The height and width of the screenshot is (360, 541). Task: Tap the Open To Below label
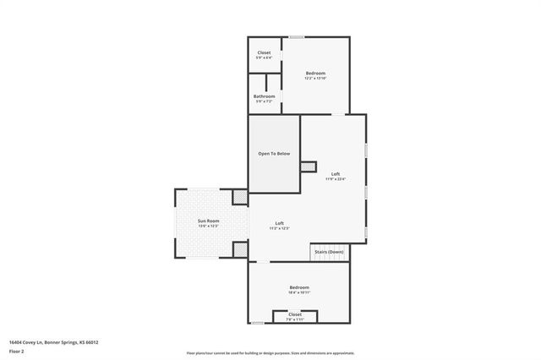274,154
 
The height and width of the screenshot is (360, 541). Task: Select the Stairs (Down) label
329,252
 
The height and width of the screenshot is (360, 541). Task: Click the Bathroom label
264,96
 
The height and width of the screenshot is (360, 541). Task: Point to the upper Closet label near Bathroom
264,52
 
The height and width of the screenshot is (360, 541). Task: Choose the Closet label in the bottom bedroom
294,314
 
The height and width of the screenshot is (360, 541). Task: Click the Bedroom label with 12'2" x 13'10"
315,74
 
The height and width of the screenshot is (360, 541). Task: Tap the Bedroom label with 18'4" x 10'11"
299,288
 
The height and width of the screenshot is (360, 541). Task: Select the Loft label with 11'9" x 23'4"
336,174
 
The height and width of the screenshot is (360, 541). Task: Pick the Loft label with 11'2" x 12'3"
279,223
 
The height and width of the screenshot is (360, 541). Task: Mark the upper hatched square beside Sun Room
240,197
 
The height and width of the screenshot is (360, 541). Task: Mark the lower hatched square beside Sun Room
240,249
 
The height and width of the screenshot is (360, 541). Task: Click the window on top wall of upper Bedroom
297,37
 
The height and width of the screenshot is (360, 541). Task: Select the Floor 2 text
18,350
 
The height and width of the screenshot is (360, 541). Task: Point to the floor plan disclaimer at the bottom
270,352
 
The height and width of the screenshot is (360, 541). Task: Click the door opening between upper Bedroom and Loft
337,113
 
